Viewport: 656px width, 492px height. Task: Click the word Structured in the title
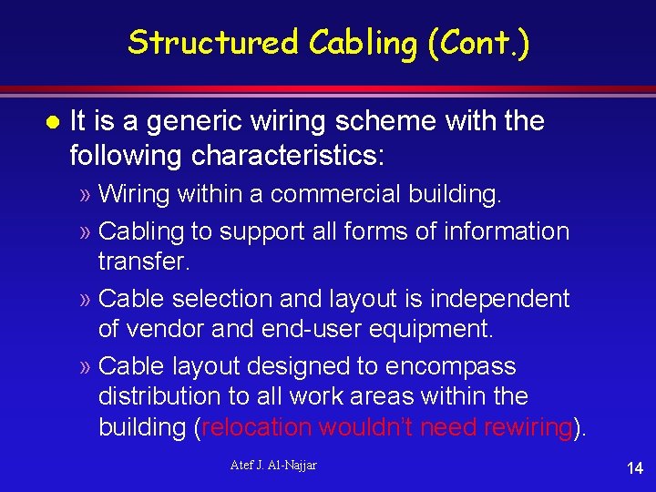pyautogui.click(x=214, y=42)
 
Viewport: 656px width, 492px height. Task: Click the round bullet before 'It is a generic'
pyautogui.click(x=52, y=121)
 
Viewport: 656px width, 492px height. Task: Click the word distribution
pyautogui.click(x=166, y=396)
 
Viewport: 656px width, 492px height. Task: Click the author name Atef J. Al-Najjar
pyautogui.click(x=272, y=466)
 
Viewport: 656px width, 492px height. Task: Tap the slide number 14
pyautogui.click(x=634, y=468)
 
